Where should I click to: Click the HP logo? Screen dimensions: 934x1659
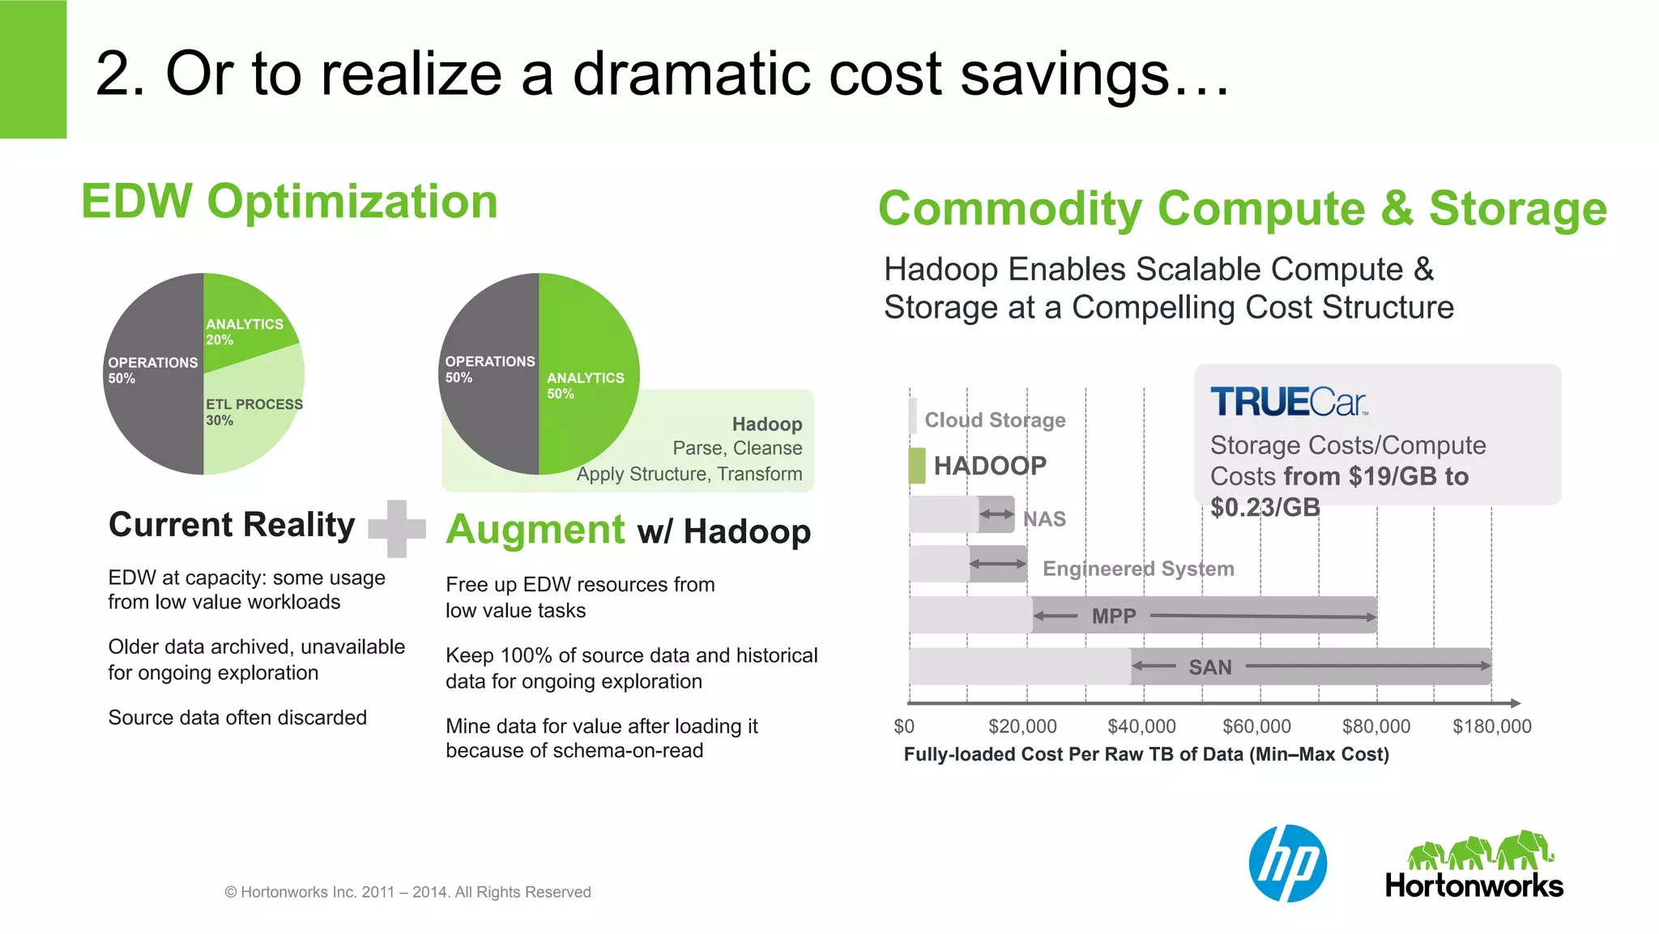[x=1287, y=864]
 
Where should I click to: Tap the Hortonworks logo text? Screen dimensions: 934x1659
[x=1473, y=886]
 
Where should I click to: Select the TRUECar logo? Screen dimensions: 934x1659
[x=1288, y=402]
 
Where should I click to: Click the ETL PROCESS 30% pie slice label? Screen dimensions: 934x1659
[x=254, y=412]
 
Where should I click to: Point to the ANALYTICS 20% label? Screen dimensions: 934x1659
[x=244, y=331]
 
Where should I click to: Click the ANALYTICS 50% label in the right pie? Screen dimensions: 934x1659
[x=585, y=386]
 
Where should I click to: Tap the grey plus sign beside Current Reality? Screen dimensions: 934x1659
[x=397, y=529]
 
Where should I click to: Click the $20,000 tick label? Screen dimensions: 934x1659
[x=1022, y=727]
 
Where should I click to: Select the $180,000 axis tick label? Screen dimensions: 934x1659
[x=1491, y=727]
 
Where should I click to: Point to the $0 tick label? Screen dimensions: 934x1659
[x=904, y=727]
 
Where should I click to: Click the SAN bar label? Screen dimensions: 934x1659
[x=1209, y=667]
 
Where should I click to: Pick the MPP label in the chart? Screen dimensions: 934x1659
[x=1114, y=616]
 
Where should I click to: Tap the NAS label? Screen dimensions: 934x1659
[x=1044, y=519]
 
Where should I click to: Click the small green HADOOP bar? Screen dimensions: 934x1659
[x=917, y=466]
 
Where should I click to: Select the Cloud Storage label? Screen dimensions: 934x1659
[x=995, y=420]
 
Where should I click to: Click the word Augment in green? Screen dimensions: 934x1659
[x=535, y=530]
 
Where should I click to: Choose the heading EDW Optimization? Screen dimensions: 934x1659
[x=289, y=202]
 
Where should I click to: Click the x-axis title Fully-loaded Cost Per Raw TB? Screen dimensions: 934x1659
[x=1146, y=755]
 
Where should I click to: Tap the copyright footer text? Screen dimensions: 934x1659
[x=407, y=893]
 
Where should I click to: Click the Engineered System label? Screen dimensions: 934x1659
[x=1138, y=569]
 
